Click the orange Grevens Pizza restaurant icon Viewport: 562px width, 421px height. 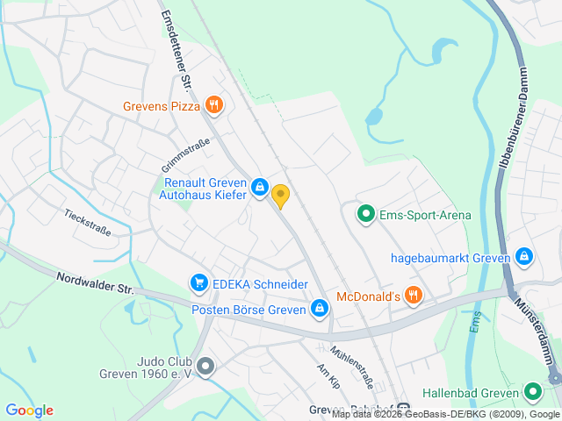(214, 106)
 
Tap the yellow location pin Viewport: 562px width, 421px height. (280, 196)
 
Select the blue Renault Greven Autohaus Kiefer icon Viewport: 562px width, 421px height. (260, 187)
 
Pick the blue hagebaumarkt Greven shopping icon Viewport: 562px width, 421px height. (524, 257)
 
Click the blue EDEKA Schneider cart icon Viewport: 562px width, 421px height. (199, 283)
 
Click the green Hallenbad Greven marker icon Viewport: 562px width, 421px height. (532, 393)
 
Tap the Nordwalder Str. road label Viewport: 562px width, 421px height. (94, 282)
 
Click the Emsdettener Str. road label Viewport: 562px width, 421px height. (176, 53)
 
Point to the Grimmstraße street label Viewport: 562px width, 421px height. (185, 155)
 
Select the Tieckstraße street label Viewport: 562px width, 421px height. (87, 222)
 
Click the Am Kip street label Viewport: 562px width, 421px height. (328, 376)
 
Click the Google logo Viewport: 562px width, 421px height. (29, 410)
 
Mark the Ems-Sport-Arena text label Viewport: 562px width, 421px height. (425, 215)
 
